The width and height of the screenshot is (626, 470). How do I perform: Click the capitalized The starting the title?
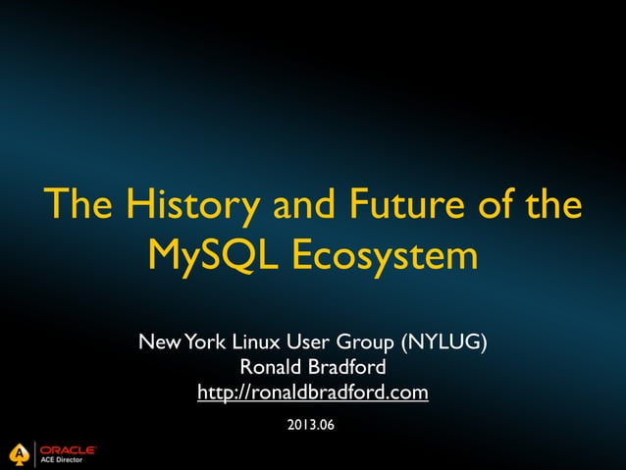pos(78,206)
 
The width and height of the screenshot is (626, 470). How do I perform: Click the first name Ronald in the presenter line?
pos(270,368)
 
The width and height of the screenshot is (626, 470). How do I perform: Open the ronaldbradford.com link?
pos(313,393)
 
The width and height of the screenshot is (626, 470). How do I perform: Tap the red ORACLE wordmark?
pos(68,449)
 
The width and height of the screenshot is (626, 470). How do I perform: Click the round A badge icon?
pos(18,453)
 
